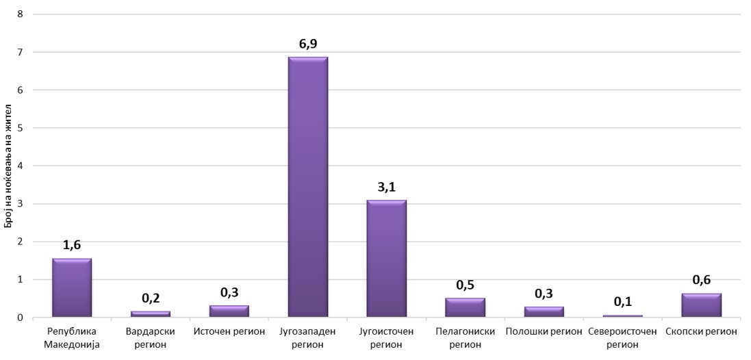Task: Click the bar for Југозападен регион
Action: (307, 187)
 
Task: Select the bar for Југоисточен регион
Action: (386, 259)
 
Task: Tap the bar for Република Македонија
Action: (72, 287)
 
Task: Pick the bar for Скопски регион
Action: (701, 305)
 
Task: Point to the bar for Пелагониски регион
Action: (465, 307)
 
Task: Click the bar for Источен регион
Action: (229, 311)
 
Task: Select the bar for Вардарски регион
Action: (151, 313)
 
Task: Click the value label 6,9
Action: (307, 44)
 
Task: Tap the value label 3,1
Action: (386, 187)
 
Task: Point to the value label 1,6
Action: (72, 245)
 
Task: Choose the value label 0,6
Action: (701, 280)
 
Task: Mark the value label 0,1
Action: (622, 302)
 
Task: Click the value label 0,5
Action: (465, 285)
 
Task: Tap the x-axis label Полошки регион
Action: (544, 332)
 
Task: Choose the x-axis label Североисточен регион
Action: (622, 337)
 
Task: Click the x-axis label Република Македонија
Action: (72, 337)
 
